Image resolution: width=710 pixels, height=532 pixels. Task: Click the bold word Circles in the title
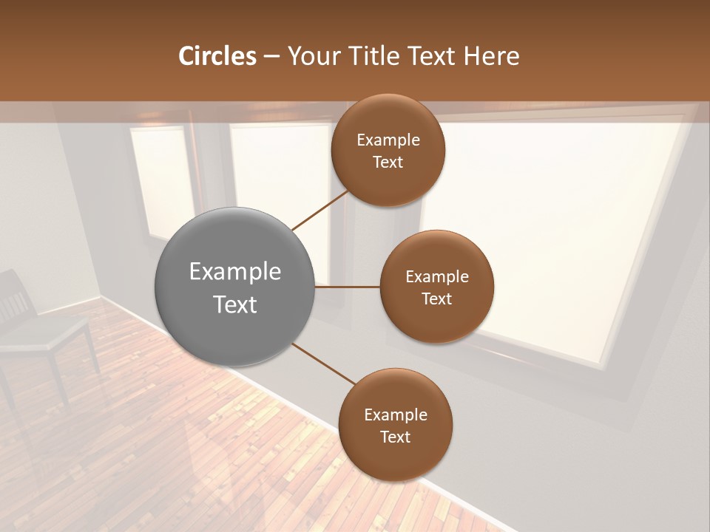click(x=217, y=56)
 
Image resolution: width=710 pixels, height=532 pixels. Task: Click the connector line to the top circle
click(x=320, y=210)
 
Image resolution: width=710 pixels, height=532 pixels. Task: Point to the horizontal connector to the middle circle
click(x=347, y=287)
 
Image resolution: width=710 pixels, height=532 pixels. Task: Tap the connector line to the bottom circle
click(x=323, y=364)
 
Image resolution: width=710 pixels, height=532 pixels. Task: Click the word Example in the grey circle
click(x=234, y=271)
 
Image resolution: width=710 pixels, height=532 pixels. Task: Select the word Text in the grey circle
click(x=234, y=304)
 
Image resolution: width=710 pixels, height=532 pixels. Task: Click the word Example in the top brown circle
click(x=388, y=140)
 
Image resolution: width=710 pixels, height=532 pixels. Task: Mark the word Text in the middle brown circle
click(x=436, y=299)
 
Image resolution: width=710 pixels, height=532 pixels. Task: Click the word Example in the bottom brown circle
click(x=395, y=415)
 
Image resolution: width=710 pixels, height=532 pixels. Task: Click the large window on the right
click(x=547, y=229)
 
